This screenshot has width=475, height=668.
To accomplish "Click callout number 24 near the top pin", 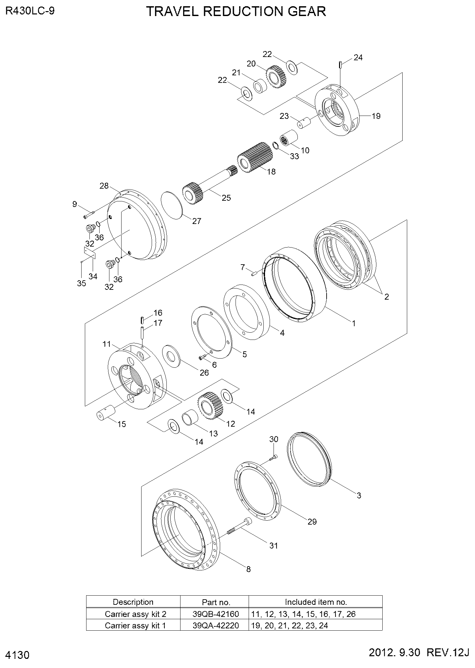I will point(358,58).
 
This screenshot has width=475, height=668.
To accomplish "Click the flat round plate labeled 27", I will point(172,205).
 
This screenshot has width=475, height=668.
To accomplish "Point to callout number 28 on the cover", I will point(104,186).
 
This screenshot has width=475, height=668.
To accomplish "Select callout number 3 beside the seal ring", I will point(359,495).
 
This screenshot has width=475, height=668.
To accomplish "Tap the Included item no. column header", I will point(315,602).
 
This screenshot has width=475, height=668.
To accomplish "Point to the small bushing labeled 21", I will point(260,86).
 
